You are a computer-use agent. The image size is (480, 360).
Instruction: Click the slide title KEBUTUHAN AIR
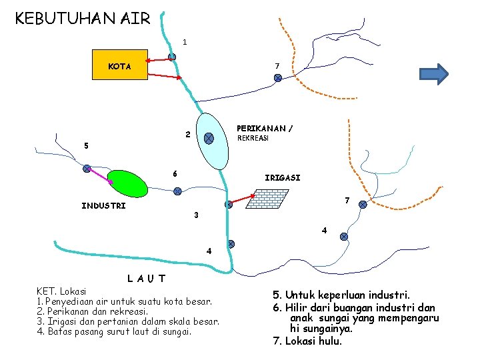point(83,18)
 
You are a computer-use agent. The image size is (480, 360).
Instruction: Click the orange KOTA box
point(119,65)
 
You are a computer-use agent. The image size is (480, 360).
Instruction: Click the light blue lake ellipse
point(212,142)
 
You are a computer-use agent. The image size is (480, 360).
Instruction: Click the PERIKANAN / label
point(265,128)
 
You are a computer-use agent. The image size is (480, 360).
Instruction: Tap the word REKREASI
point(253,138)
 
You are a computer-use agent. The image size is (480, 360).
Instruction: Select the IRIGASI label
point(282,178)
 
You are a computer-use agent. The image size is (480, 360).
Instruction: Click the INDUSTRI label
point(103,206)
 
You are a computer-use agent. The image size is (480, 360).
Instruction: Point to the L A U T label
point(146,278)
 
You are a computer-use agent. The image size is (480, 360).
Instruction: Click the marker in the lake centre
point(209,139)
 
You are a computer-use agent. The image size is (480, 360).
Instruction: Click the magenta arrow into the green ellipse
point(101,175)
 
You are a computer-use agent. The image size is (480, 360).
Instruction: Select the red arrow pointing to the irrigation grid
point(242,199)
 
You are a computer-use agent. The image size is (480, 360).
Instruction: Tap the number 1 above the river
point(185,42)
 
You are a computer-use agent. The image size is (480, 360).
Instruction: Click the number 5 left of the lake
point(85,145)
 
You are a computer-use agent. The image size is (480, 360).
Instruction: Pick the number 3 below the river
point(195,215)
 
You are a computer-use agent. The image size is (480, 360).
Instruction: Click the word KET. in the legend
point(47,291)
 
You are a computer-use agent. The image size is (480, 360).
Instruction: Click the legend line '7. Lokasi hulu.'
point(307,341)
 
